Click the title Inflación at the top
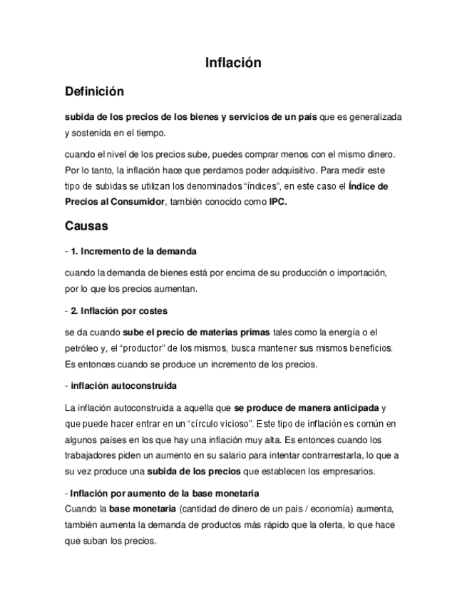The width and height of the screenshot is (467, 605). pyautogui.click(x=233, y=63)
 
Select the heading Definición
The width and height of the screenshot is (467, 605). pyautogui.click(x=94, y=91)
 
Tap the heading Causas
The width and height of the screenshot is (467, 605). pyautogui.click(x=86, y=226)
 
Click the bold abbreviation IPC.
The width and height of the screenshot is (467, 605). pyautogui.click(x=282, y=202)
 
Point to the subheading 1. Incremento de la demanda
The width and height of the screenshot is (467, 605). pyautogui.click(x=133, y=252)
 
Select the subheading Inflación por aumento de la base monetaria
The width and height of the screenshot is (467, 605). pyautogui.click(x=164, y=493)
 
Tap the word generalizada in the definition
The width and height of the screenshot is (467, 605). pyautogui.click(x=381, y=116)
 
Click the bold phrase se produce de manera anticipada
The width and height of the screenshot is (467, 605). pyautogui.click(x=307, y=408)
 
